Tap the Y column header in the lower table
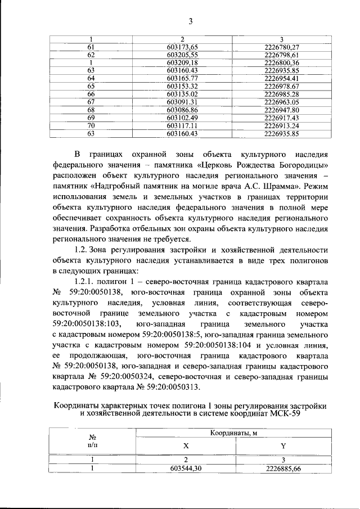click(283, 447)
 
